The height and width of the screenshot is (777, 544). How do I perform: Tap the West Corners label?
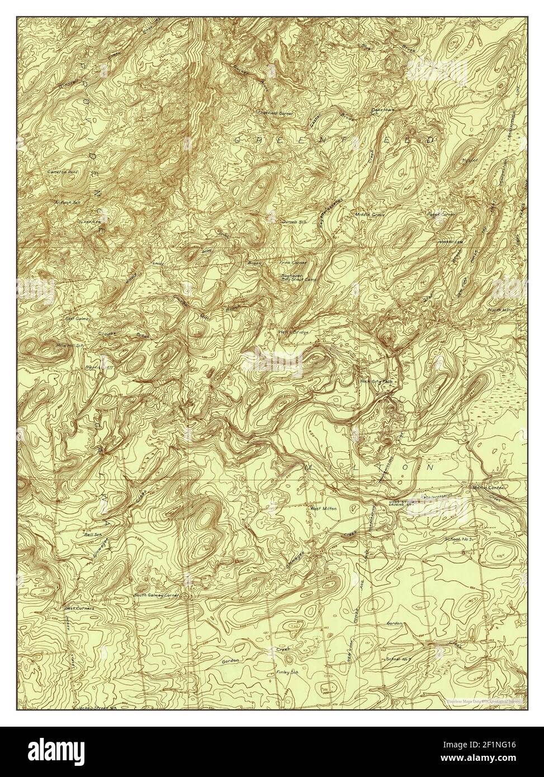(x=79, y=607)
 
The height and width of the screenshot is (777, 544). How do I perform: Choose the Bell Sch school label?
(x=93, y=534)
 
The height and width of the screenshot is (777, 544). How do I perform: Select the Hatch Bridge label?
(x=294, y=331)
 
